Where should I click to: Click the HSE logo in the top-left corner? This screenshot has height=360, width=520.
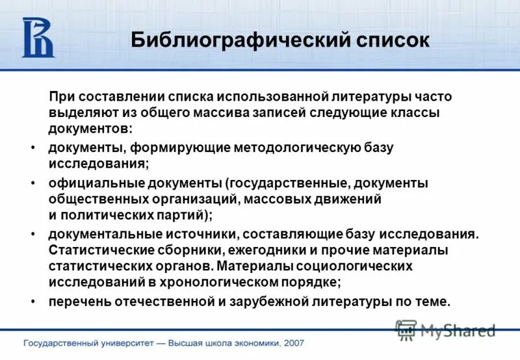(x=38, y=38)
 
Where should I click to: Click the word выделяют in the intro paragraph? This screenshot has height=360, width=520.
(x=79, y=112)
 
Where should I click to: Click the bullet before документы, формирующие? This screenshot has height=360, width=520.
(x=33, y=148)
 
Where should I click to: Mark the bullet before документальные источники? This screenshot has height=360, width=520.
(x=33, y=234)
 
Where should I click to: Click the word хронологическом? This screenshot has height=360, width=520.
(x=222, y=282)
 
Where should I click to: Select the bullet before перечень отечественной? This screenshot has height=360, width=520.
(x=33, y=302)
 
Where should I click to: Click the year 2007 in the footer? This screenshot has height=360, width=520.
(x=291, y=342)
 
